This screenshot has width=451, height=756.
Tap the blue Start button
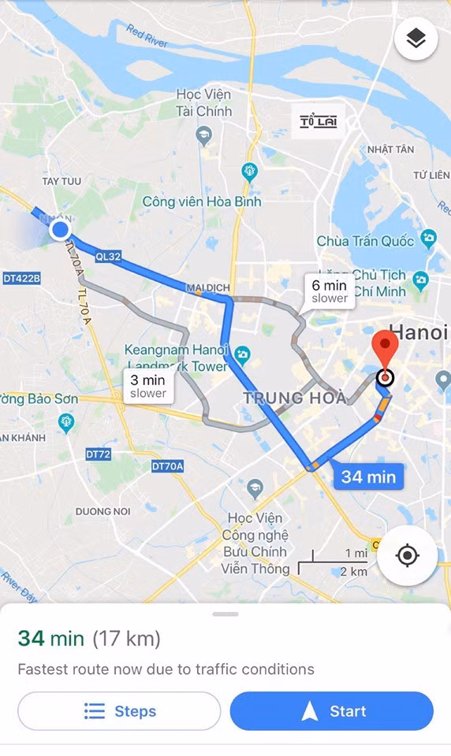[331, 711]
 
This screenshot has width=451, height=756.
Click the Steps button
[119, 711]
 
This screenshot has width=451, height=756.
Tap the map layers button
[416, 39]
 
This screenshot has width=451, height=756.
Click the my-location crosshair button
[407, 555]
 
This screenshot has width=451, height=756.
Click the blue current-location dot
[60, 230]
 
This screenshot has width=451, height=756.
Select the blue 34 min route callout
[368, 476]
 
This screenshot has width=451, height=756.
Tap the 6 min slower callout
[329, 291]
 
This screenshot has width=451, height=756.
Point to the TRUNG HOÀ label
[294, 398]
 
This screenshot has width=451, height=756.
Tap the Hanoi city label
[419, 332]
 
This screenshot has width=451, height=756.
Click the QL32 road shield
[108, 256]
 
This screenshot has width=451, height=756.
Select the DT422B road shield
[21, 278]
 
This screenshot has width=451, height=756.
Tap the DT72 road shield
[99, 454]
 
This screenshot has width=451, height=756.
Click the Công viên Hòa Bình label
[202, 202]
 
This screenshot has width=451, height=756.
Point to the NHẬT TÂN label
[390, 150]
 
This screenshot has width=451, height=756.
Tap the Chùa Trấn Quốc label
[365, 241]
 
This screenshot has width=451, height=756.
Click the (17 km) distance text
[126, 638]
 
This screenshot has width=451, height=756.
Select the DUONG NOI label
[103, 511]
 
